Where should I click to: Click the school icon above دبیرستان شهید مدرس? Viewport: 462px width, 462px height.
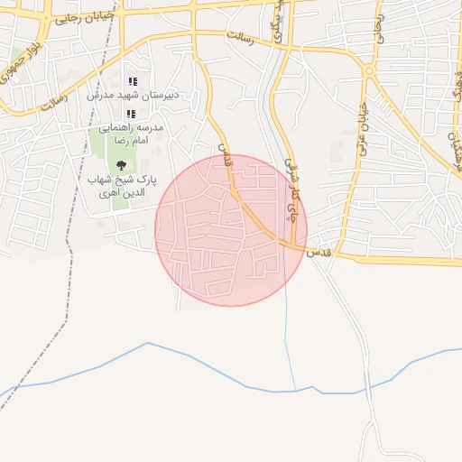133,82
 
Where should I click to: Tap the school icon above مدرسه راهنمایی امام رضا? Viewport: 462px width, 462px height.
132,114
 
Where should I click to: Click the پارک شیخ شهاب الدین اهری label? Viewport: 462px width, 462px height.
121,188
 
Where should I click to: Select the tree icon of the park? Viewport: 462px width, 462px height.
120,165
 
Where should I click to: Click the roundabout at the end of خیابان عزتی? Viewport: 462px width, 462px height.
370,73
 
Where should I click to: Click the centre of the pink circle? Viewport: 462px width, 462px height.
231,230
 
